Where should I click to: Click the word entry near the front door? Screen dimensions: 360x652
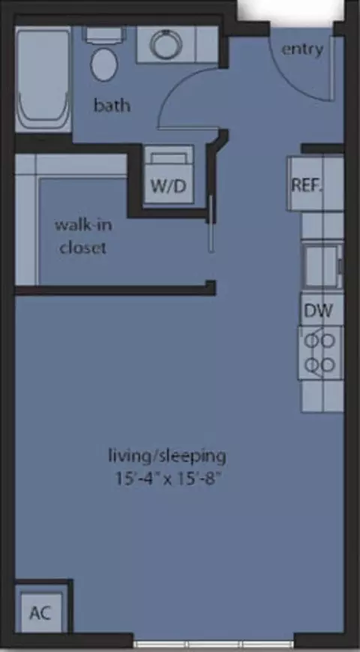pyautogui.click(x=302, y=50)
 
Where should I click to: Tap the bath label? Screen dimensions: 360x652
pyautogui.click(x=112, y=105)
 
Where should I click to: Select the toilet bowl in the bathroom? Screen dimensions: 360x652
pyautogui.click(x=104, y=65)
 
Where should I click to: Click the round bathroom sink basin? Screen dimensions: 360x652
pyautogui.click(x=166, y=44)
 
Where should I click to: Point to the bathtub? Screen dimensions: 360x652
pyautogui.click(x=43, y=80)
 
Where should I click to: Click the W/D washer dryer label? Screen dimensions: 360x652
pyautogui.click(x=168, y=186)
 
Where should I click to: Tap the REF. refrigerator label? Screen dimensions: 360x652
pyautogui.click(x=307, y=185)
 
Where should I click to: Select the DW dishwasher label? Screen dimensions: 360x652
pyautogui.click(x=319, y=311)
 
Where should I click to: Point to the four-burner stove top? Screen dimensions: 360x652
pyautogui.click(x=320, y=353)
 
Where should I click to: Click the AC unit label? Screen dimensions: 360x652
pyautogui.click(x=40, y=612)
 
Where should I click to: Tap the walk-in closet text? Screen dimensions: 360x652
pyautogui.click(x=83, y=236)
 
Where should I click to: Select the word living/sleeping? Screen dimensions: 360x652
pyautogui.click(x=167, y=457)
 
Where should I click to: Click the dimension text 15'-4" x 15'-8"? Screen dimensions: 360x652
pyautogui.click(x=167, y=478)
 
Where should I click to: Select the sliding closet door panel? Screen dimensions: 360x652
pyautogui.click(x=211, y=224)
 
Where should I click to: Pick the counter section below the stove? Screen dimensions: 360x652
pyautogui.click(x=322, y=396)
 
